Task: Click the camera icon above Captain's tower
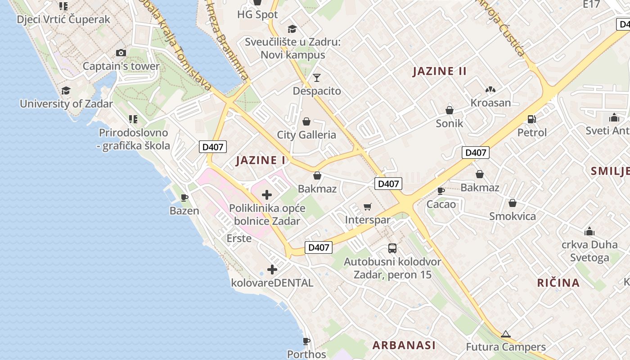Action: point(121,53)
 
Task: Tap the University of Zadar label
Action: point(66,103)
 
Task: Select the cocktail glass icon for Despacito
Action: point(317,78)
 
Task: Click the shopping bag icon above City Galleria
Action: point(306,121)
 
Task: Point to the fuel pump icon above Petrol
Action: point(531,119)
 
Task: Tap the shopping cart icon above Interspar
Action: point(368,207)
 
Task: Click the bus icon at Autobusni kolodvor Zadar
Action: point(392,248)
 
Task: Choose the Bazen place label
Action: point(184,211)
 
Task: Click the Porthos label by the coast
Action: point(306,354)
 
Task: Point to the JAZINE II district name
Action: point(440,71)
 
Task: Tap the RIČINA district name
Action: point(558,283)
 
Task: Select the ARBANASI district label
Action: point(404,345)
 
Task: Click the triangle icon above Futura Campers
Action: point(505,334)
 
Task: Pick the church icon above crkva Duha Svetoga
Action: point(589,232)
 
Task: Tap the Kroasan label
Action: point(490,103)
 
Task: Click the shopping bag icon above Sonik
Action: point(449,110)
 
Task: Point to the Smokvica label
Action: point(513,216)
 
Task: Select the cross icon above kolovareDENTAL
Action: point(272,270)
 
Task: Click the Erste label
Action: point(239,238)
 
